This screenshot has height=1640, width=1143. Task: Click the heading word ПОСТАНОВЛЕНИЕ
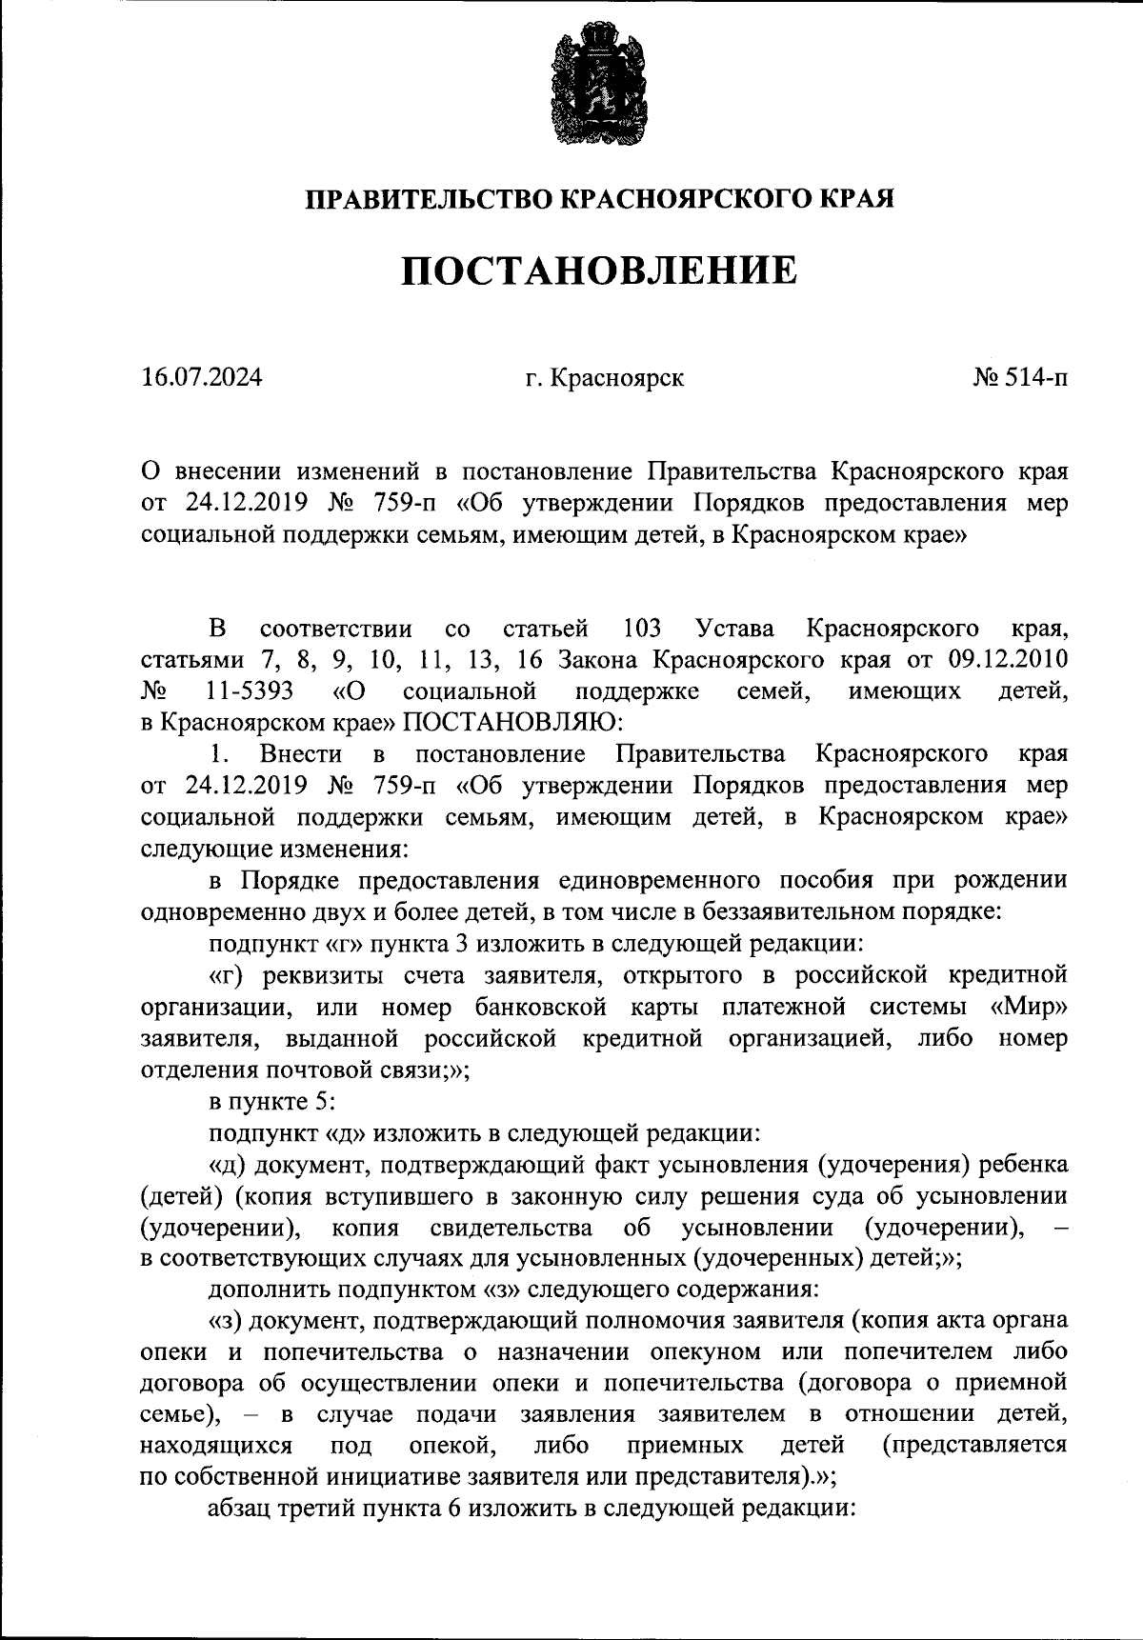coord(598,271)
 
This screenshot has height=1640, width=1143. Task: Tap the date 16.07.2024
coord(201,378)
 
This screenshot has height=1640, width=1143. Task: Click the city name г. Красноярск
coord(604,378)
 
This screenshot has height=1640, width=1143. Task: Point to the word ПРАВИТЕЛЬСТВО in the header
coord(426,199)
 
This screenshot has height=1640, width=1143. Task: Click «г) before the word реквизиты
coord(224,975)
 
